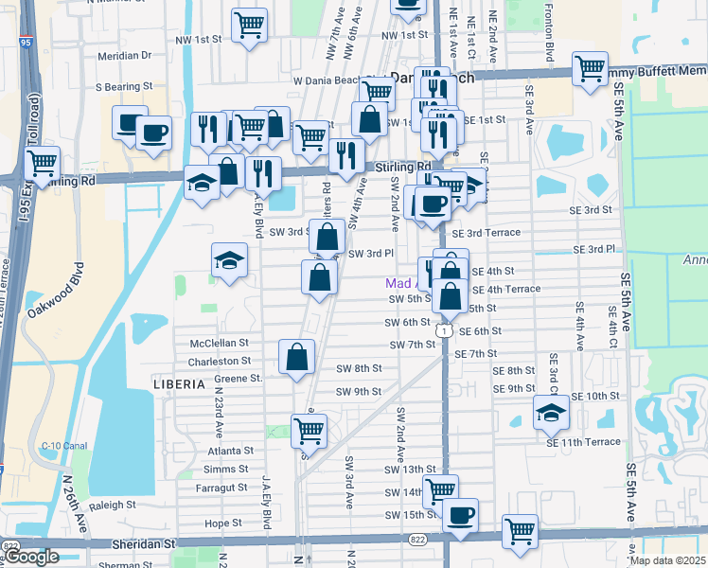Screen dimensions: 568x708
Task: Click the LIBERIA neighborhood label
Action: click(x=179, y=383)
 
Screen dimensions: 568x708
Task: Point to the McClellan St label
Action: click(x=219, y=343)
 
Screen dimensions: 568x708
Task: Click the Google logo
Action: click(x=31, y=557)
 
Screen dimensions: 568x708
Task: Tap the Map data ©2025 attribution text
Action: click(x=667, y=560)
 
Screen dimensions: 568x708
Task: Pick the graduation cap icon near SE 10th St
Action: click(x=551, y=411)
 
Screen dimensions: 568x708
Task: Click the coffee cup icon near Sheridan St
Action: click(x=460, y=515)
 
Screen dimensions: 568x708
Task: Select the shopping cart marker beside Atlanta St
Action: click(x=309, y=430)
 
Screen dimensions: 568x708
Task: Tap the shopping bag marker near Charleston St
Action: click(x=296, y=357)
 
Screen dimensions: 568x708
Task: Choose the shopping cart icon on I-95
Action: click(x=41, y=163)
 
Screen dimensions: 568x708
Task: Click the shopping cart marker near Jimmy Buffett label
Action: click(x=590, y=68)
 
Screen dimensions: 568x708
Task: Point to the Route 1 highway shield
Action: click(x=443, y=330)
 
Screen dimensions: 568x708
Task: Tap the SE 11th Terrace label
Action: click(x=583, y=442)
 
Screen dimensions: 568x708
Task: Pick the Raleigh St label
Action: click(x=114, y=506)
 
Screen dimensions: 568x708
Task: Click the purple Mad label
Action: click(x=399, y=283)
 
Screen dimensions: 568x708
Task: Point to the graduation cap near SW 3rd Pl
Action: click(x=229, y=260)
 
